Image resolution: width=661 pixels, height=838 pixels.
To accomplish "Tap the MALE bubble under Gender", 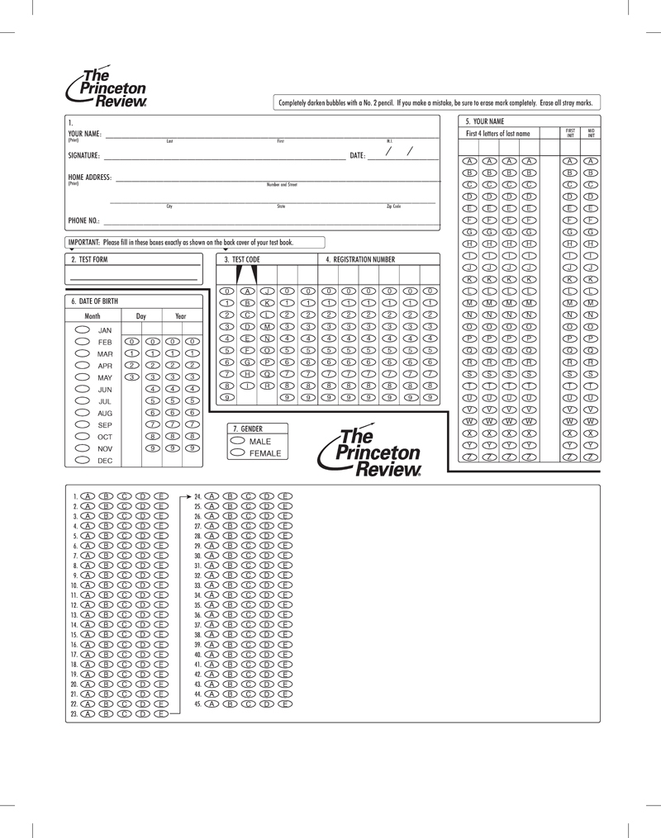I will coord(239,442).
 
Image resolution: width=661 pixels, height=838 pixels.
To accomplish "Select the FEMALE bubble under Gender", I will coord(239,453).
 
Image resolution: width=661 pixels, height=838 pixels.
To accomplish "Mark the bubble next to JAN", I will coord(83,329).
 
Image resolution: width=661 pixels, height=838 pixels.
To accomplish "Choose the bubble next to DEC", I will coord(83,460).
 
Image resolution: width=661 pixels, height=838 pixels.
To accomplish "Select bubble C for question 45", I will coord(247,703).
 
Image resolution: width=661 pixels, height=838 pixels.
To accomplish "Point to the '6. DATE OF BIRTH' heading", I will coord(95,301).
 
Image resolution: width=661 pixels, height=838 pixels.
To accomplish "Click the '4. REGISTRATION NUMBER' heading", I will coord(360,259).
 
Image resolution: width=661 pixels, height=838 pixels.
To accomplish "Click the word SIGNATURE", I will coord(83,155).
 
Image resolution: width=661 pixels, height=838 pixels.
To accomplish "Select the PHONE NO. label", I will coord(83,221).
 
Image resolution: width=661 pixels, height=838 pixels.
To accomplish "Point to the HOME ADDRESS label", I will coord(89,178).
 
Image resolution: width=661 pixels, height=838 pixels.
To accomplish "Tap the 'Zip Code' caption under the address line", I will coord(393,206).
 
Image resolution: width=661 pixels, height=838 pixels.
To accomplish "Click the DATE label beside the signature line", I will coord(357,155).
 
